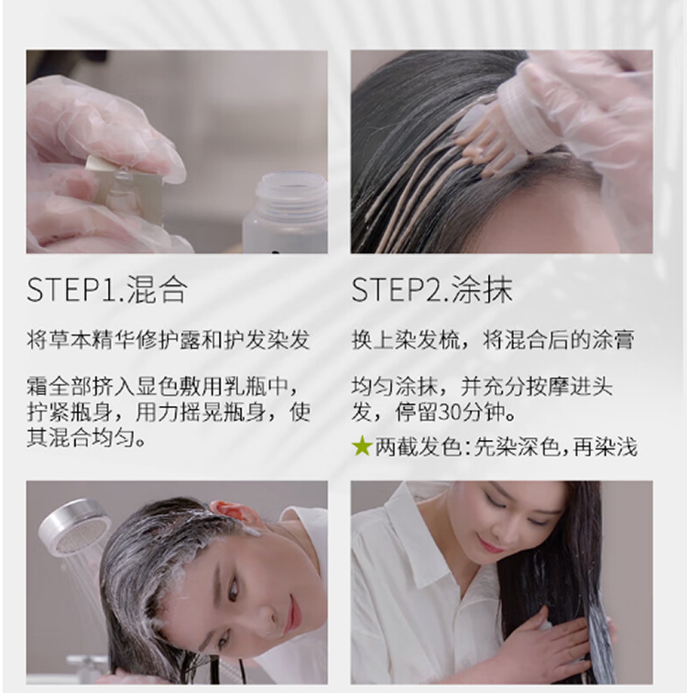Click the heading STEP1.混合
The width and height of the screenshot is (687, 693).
click(107, 291)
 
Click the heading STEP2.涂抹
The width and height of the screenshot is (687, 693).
click(431, 291)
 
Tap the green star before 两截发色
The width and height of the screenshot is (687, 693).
click(362, 445)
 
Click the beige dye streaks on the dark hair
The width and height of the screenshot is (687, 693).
click(424, 185)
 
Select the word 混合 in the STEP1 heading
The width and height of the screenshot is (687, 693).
click(158, 291)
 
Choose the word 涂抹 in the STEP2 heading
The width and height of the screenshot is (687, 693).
click(483, 291)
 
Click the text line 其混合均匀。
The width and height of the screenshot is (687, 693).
click(86, 438)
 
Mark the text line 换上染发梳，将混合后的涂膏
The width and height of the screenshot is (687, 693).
click(493, 339)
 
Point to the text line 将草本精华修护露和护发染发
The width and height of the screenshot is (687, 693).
click(169, 339)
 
